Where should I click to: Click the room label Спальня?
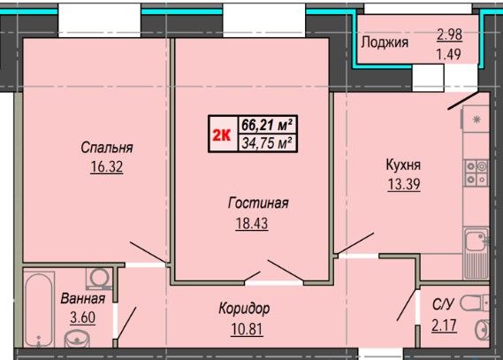pos(107,148)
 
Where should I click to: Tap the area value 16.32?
pos(106,167)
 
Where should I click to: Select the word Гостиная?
pos(258,203)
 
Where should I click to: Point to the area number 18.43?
pos(252,223)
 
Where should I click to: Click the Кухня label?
pos(403,165)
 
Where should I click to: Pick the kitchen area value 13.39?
pos(404,184)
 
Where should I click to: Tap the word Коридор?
pos(244,309)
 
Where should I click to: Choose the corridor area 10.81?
pos(247,329)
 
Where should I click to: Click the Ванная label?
pos(83,298)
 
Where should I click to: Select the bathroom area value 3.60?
pos(83,318)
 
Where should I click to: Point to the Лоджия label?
pos(385,42)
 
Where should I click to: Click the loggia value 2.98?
pos(449,34)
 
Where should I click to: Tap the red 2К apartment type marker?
pos(222,135)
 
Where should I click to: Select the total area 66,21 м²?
pos(267,125)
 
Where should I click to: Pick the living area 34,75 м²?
pos(267,142)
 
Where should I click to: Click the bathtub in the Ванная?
pos(39,310)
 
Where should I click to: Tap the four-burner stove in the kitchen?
pos(476,173)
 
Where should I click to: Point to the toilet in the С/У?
pos(474,303)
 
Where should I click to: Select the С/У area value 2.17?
pos(444,326)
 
